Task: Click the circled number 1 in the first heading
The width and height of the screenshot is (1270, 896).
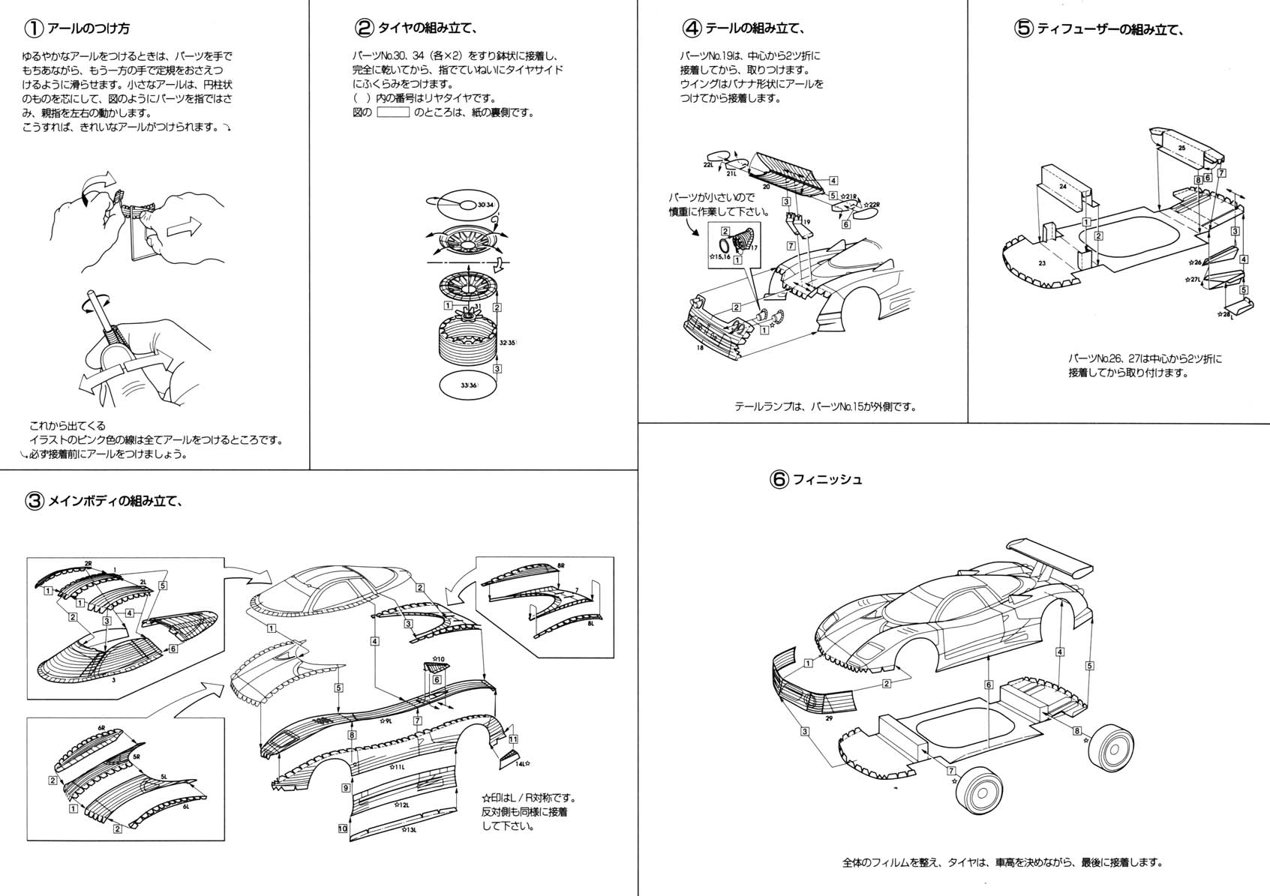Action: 35,28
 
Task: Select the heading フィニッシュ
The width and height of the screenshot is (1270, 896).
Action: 827,479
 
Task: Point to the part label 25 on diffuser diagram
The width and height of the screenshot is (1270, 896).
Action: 1181,148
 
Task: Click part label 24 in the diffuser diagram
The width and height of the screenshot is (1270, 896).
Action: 1062,185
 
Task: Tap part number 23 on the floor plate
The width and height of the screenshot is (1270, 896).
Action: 1042,263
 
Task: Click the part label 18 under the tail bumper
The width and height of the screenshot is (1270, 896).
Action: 700,347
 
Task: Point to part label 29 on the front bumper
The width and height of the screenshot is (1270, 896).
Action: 828,718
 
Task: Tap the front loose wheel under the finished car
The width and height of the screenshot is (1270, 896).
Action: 982,790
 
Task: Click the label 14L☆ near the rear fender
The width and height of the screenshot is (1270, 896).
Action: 523,763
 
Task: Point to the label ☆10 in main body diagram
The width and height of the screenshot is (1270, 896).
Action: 437,659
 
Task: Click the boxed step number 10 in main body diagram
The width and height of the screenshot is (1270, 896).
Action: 343,829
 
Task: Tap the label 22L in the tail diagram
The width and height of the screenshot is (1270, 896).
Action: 708,164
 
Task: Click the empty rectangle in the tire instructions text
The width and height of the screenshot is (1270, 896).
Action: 392,112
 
